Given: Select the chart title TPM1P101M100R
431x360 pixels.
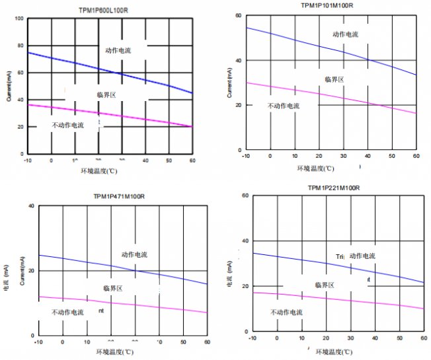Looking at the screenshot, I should coord(327,5).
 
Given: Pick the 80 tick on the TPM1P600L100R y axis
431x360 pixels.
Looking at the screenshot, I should coord(20,46).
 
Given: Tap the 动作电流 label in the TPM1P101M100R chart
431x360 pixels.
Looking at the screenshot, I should coord(345,34).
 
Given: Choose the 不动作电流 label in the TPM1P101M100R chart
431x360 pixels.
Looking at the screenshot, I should coord(284,106).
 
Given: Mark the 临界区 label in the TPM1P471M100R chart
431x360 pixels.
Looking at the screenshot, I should coord(116,288).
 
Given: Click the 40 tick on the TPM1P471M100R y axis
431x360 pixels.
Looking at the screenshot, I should coord(30,206).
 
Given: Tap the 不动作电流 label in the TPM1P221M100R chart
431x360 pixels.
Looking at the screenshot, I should coord(287,312).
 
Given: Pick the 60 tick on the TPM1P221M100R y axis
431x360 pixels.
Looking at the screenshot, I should coord(245,196).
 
